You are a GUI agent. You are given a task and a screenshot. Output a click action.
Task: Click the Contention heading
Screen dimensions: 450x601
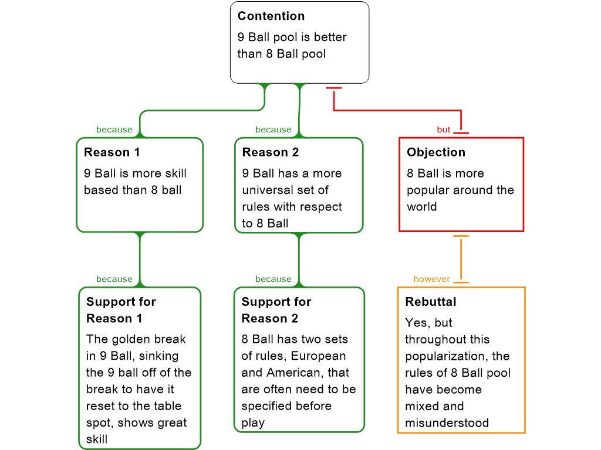271,16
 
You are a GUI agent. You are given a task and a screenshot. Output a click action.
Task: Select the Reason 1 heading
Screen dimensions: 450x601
112,152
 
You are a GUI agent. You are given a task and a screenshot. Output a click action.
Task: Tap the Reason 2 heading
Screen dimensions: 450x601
271,152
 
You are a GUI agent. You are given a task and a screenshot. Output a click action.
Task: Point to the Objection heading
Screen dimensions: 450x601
436,152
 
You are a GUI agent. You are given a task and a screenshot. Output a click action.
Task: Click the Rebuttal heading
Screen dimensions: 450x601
431,302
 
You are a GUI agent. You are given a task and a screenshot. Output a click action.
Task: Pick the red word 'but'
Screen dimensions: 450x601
444,129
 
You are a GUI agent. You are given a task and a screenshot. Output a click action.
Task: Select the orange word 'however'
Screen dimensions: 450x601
431,279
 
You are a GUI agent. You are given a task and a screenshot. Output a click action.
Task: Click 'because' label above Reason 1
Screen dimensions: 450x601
114,129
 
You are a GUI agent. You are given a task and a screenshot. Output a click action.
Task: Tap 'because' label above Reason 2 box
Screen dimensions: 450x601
274,129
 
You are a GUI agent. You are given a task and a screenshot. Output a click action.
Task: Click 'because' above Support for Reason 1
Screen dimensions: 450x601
114,279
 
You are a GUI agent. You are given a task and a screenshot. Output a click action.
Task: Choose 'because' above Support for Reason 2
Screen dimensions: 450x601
274,279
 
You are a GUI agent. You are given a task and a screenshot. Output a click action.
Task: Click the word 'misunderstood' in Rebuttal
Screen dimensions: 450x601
447,423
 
